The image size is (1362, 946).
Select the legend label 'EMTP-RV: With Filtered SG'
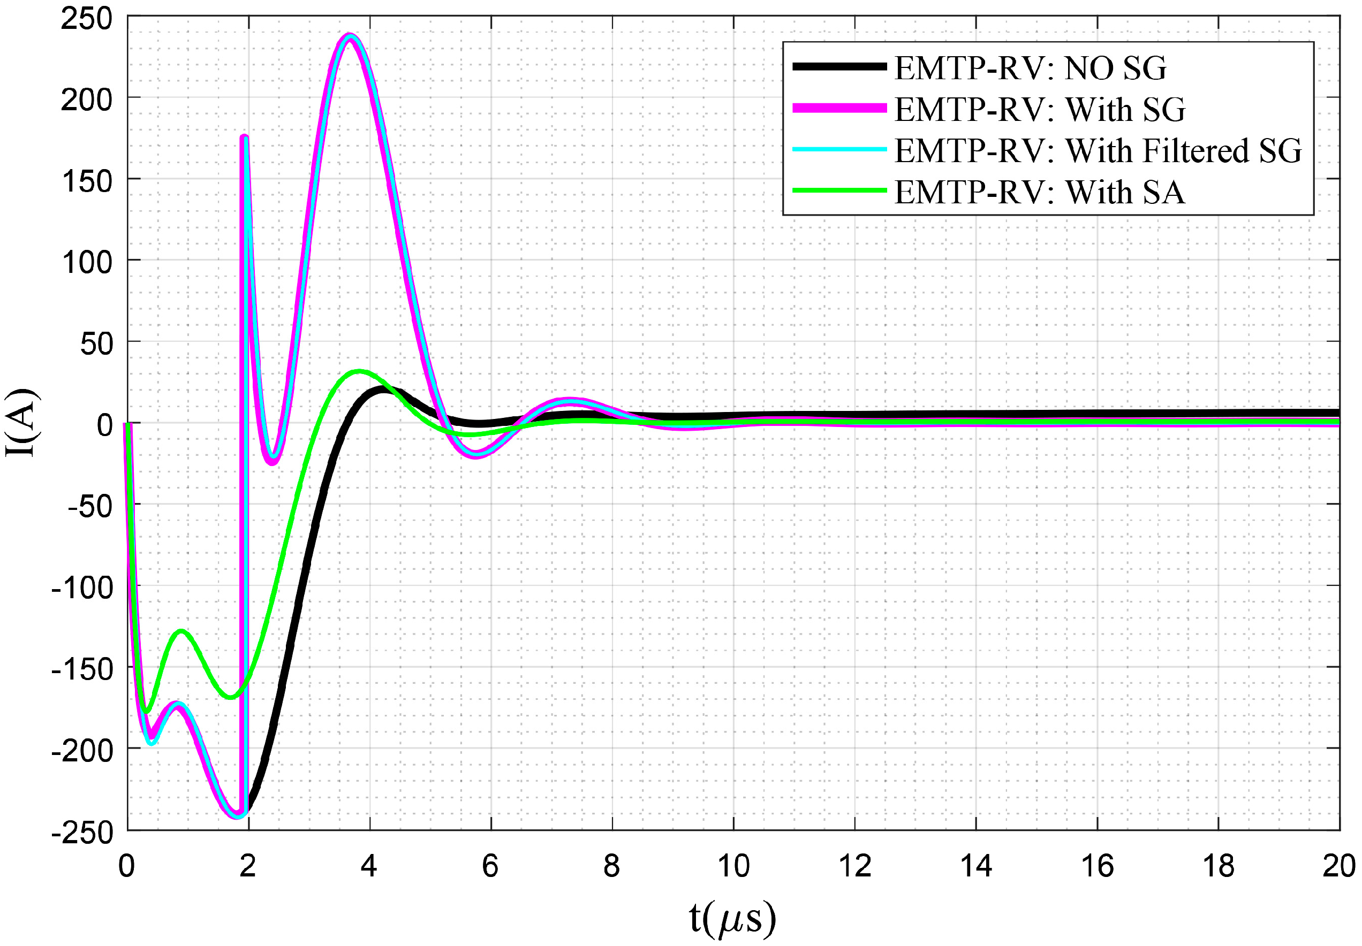coord(1098,150)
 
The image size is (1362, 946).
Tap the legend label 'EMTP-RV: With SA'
coord(1040,192)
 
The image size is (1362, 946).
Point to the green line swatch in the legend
coord(839,191)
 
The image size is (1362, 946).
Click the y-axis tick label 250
coord(87,19)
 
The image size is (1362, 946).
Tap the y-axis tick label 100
coord(87,262)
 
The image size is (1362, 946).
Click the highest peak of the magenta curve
coord(350,35)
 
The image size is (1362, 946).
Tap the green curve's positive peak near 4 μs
coord(359,372)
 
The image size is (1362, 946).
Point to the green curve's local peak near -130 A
coord(181,631)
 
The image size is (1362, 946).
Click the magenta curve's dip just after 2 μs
coord(272,462)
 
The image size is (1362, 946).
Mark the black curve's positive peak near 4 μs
coord(382,390)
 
